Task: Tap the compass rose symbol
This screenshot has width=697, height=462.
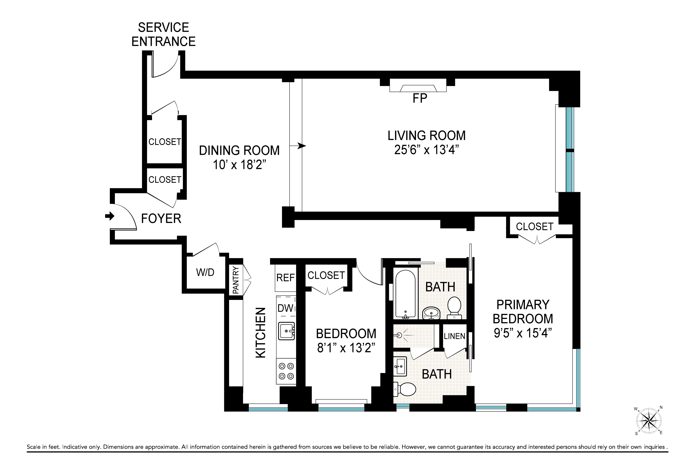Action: pyautogui.click(x=649, y=420)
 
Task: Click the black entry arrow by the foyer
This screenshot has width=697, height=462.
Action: pyautogui.click(x=109, y=216)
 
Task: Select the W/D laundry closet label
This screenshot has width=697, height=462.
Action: pyautogui.click(x=205, y=272)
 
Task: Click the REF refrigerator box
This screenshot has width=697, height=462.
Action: pyautogui.click(x=285, y=278)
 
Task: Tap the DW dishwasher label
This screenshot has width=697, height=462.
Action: pyautogui.click(x=285, y=308)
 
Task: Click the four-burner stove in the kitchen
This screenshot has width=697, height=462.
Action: pyautogui.click(x=286, y=371)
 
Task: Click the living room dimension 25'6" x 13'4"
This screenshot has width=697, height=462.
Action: pyautogui.click(x=426, y=150)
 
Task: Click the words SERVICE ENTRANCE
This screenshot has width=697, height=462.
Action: pyautogui.click(x=163, y=35)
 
